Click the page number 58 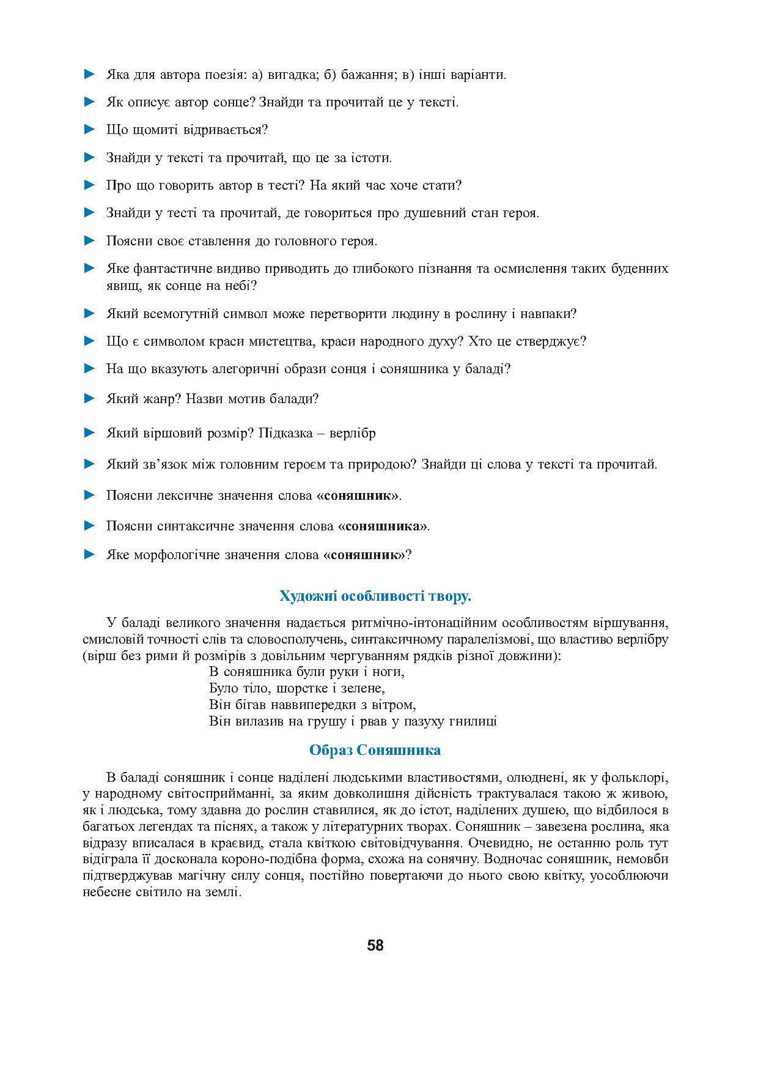point(375,945)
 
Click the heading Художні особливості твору point(375,596)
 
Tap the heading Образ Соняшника point(375,750)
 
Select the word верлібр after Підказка point(353,433)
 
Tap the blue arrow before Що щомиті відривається point(90,129)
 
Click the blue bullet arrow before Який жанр point(90,398)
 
